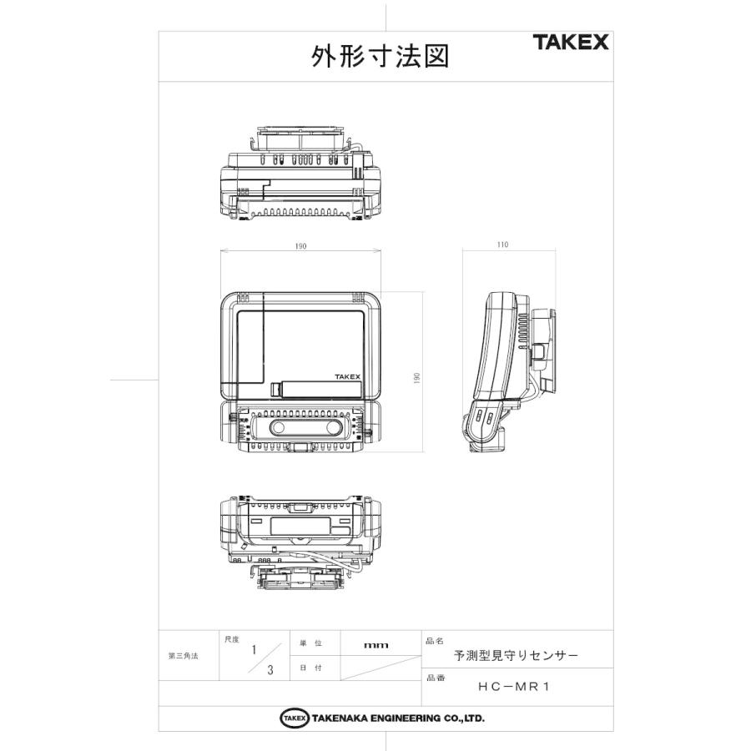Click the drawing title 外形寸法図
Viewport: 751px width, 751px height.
381,57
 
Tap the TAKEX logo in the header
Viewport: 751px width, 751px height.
571,43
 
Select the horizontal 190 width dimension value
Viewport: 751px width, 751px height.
300,246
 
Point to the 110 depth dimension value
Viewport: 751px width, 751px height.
502,245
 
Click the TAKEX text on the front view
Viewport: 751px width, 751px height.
348,377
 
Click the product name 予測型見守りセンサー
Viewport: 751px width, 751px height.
516,656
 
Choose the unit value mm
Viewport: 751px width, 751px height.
376,645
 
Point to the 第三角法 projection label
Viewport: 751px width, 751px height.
184,656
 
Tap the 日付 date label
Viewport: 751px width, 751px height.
310,668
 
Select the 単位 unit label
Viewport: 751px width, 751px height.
310,644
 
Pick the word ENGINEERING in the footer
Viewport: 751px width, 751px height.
397,718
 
